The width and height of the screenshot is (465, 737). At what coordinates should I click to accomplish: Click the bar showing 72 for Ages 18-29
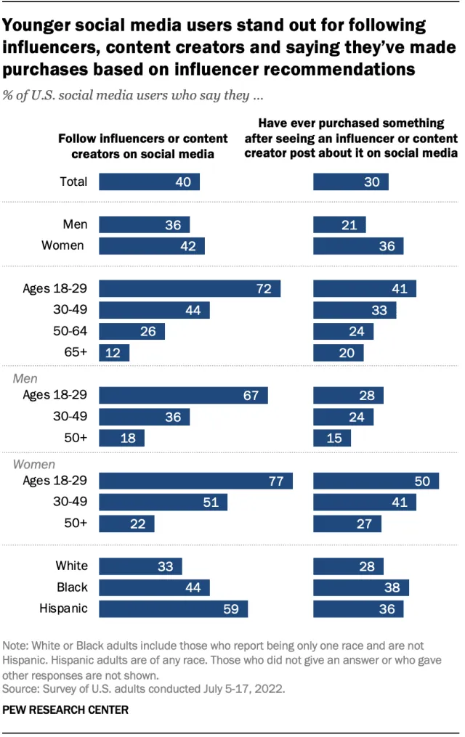pyautogui.click(x=190, y=289)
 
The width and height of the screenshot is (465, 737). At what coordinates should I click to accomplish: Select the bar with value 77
pyautogui.click(x=195, y=481)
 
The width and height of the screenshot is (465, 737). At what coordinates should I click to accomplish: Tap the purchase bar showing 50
pyautogui.click(x=376, y=481)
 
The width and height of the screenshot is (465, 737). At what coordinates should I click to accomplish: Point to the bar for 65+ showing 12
pyautogui.click(x=114, y=353)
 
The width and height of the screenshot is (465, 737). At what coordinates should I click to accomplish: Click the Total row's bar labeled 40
pyautogui.click(x=149, y=182)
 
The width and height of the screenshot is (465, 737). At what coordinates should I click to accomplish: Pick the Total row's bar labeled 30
pyautogui.click(x=350, y=182)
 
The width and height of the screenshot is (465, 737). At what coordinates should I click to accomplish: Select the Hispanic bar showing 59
pyautogui.click(x=173, y=608)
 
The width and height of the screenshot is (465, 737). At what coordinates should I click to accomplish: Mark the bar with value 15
pyautogui.click(x=332, y=438)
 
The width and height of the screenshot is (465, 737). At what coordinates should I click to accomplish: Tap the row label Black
pyautogui.click(x=72, y=587)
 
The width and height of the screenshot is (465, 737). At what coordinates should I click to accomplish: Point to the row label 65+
pyautogui.click(x=76, y=353)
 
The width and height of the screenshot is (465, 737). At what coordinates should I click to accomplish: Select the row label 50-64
pyautogui.click(x=70, y=332)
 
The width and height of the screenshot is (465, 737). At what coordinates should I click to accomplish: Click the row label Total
pyautogui.click(x=73, y=182)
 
